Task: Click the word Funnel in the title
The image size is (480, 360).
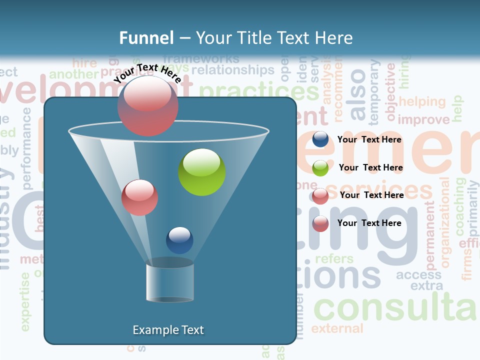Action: tap(146, 38)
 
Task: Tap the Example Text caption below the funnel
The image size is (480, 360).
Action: tap(168, 330)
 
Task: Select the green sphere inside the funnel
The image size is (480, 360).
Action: tap(201, 172)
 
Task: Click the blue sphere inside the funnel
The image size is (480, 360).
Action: tap(179, 240)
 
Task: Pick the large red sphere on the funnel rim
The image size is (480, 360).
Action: tap(147, 105)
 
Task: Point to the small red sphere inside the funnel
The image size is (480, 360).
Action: tap(139, 197)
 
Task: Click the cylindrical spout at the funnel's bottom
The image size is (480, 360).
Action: tap(170, 282)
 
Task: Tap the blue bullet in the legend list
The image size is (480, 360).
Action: tap(320, 139)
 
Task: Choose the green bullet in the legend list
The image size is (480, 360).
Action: tap(320, 167)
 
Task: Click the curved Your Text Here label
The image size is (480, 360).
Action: tap(147, 73)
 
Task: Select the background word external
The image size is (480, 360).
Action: tap(337, 328)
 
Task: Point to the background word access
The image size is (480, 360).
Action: tap(418, 275)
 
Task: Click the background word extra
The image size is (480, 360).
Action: tap(426, 286)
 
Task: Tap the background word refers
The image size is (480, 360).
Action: tap(334, 259)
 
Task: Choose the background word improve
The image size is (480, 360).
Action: tap(423, 120)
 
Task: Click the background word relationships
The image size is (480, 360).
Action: tap(233, 70)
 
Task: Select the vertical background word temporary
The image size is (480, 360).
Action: tap(374, 92)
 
